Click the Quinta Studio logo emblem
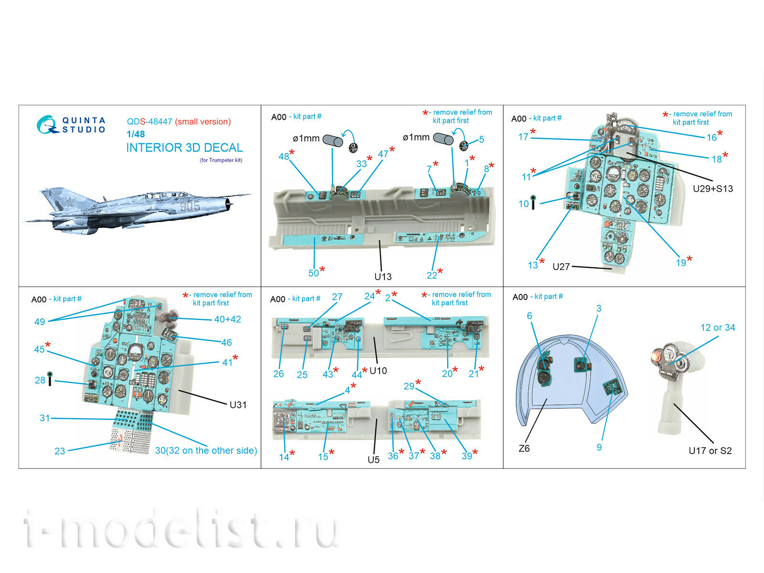coord(47,124)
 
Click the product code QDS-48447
coord(149,122)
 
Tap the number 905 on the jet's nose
coord(190,206)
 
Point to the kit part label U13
coord(383,276)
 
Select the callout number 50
coord(313,273)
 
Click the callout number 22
coord(432,275)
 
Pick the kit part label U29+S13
coord(712,189)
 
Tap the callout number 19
coord(681,263)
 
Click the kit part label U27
coord(561,267)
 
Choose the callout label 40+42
coord(227,319)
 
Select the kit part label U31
coord(238,404)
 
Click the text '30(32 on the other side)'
coord(206,451)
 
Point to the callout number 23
coord(60,451)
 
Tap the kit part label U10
coord(378,371)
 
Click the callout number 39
coord(467,456)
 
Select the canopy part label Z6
coord(524,448)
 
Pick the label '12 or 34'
coord(718,328)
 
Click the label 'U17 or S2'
coord(710,451)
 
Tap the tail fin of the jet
coord(57,199)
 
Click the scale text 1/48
coord(136,134)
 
